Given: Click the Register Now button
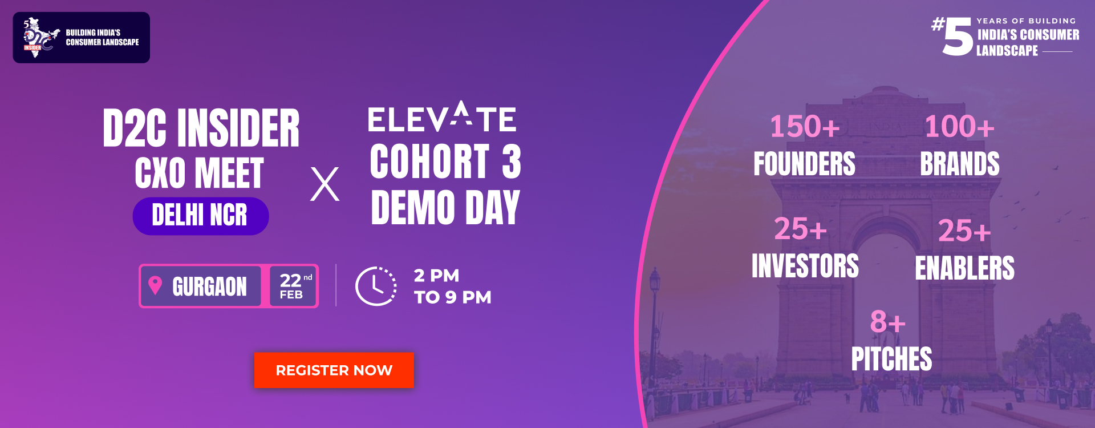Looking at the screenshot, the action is coord(334,370).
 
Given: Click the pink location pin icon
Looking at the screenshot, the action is coord(155,285).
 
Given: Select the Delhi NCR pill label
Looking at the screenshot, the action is coord(201,216).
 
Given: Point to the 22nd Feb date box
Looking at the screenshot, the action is coord(293,286).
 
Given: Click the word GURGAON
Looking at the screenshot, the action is coord(209,286).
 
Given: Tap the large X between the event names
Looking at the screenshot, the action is coord(325,184).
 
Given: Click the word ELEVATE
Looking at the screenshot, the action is coord(442,117).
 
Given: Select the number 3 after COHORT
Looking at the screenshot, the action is coord(512,161).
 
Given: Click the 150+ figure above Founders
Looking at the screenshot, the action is coord(805,127).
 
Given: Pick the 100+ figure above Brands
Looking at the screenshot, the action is coord(959,127).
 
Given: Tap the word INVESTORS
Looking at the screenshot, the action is coord(805,266).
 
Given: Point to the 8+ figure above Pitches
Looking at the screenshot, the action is coord(887,322).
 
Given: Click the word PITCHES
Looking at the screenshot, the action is coord(892,359).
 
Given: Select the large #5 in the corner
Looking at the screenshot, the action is coord(952,37).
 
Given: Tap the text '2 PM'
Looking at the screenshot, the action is coord(436,276).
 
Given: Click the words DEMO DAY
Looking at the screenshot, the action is coord(445,208).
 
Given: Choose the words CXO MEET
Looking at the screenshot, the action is coord(200,173).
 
